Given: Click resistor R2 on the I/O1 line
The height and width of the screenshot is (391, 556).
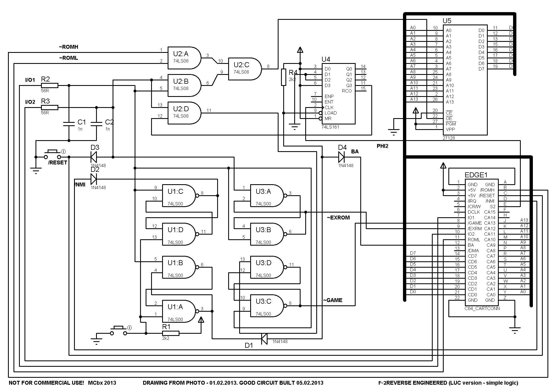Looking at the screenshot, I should pos(50,85).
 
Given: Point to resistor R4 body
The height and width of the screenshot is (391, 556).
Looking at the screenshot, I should pos(284,77).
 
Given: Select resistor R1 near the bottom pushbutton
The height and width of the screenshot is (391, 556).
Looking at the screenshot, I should pos(171,333).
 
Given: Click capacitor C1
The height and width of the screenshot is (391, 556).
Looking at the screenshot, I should pos(69,124).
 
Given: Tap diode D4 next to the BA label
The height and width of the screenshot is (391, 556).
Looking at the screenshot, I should pos(341,157).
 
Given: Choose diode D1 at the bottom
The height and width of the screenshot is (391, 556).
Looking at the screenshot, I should pos(264,339).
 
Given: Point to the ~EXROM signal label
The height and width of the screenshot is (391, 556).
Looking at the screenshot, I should pos(338,218).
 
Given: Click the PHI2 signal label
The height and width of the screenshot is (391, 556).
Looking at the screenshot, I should pos(382,146).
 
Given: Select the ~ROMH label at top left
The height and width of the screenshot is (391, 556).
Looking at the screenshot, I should pos(69,47).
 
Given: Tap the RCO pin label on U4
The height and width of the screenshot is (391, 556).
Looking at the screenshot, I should pos(347,91).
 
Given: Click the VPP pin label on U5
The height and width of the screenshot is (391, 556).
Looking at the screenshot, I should pos(450,129).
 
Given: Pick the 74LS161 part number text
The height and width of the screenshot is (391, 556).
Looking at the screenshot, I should pos(330,127).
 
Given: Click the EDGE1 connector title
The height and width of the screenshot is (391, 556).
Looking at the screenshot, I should pos(476,175).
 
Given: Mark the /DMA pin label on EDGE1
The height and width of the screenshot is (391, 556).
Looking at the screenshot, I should pos(473,251).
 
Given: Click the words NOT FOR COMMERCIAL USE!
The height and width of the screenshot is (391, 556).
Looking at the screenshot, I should pos(46,383).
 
